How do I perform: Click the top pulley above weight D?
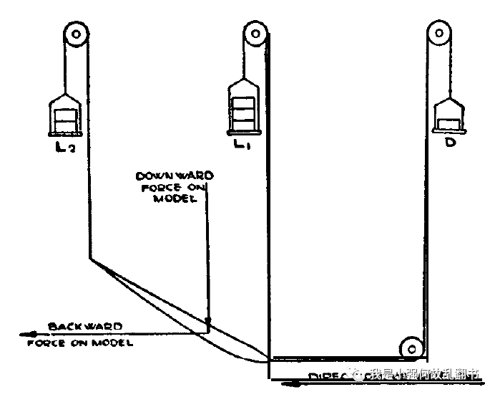438,33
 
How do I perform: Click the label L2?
66,148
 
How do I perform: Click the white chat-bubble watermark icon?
356,374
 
